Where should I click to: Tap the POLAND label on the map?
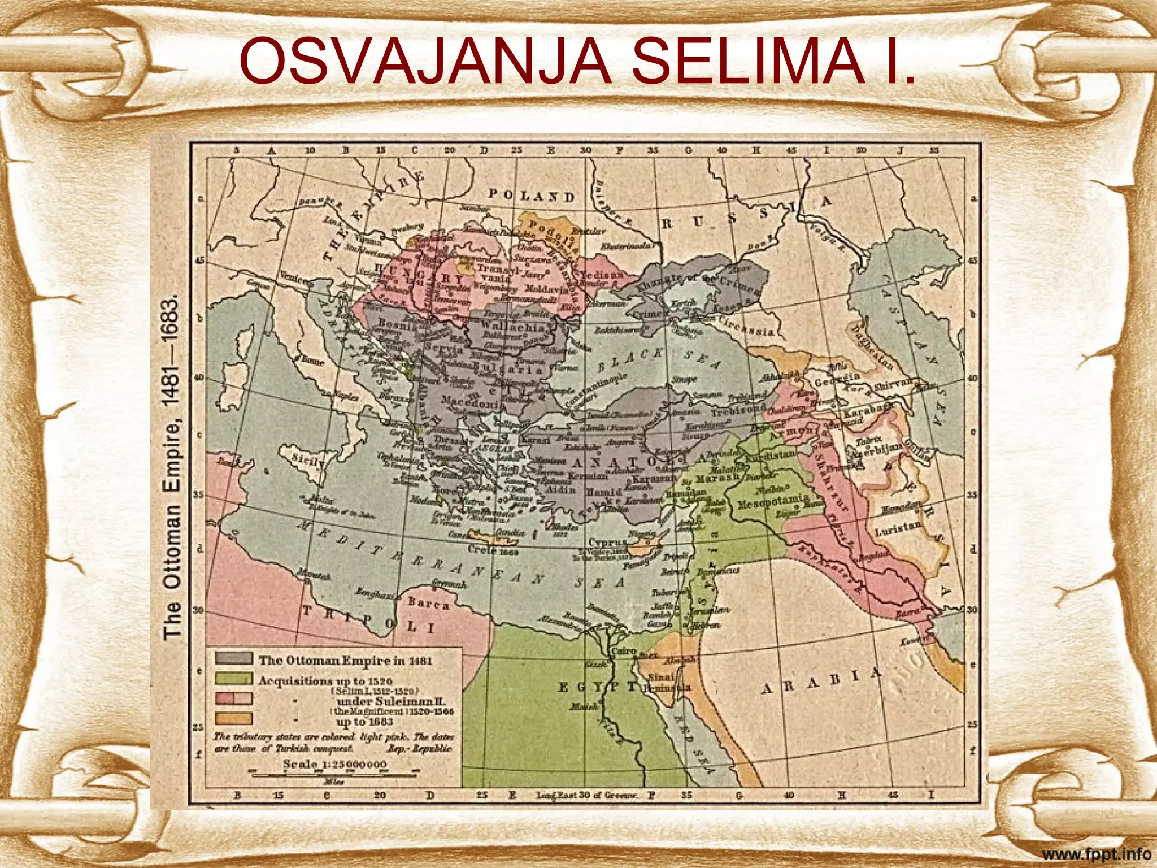[531, 196]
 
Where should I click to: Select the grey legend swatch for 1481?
[233, 658]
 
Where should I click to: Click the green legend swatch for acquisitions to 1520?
[233, 679]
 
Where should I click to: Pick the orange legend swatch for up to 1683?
[233, 718]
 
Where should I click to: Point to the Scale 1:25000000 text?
[334, 764]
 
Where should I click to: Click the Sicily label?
[308, 461]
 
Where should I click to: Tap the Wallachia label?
[513, 327]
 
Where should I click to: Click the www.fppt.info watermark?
[1096, 854]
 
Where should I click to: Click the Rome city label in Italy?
[312, 359]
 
